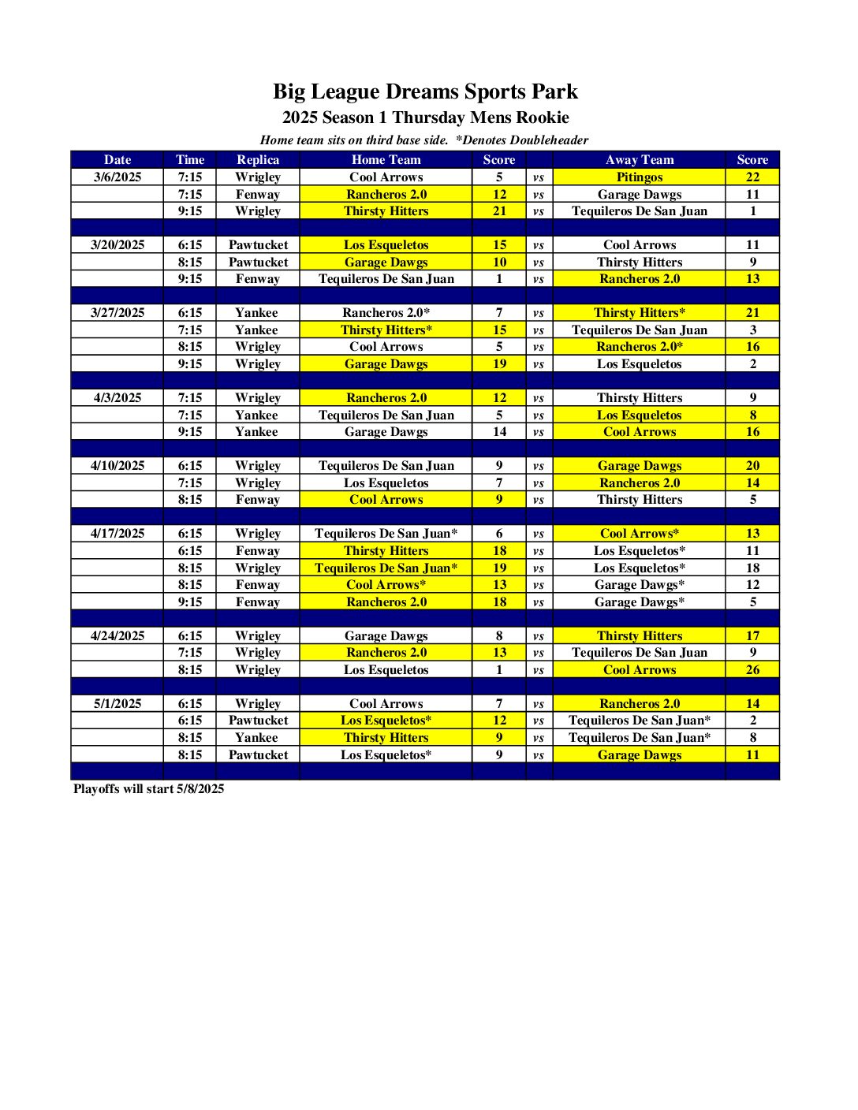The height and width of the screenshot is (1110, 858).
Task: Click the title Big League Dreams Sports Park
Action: pyautogui.click(x=425, y=92)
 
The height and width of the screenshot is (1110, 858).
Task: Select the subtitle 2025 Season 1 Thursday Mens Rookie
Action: pyautogui.click(x=425, y=118)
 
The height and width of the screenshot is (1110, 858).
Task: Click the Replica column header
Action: pyautogui.click(x=258, y=160)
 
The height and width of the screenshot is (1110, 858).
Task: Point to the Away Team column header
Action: pyautogui.click(x=640, y=160)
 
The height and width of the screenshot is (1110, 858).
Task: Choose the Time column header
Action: pyautogui.click(x=190, y=160)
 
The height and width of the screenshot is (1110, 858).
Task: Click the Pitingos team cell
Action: pyautogui.click(x=640, y=177)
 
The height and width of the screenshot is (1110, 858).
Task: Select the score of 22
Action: pyautogui.click(x=752, y=177)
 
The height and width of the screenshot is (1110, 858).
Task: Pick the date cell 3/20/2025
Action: pyautogui.click(x=118, y=245)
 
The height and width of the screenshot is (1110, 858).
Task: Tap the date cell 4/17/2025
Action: pyautogui.click(x=118, y=534)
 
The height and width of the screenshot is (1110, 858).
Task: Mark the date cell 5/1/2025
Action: pyautogui.click(x=118, y=704)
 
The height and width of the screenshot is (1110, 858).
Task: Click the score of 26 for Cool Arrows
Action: pyautogui.click(x=752, y=670)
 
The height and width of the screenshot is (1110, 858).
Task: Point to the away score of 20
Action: pyautogui.click(x=752, y=466)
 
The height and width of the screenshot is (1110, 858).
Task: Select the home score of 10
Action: pyautogui.click(x=499, y=263)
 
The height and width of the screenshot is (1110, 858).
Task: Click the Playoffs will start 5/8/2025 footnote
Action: pyautogui.click(x=148, y=789)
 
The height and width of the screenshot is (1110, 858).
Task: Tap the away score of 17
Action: pyautogui.click(x=752, y=636)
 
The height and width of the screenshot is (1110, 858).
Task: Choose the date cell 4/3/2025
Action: pyautogui.click(x=118, y=398)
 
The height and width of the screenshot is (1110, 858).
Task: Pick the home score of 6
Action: pyautogui.click(x=499, y=534)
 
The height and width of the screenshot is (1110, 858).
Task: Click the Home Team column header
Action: pyautogui.click(x=386, y=160)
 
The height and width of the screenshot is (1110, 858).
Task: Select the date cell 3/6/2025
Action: pyautogui.click(x=118, y=177)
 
